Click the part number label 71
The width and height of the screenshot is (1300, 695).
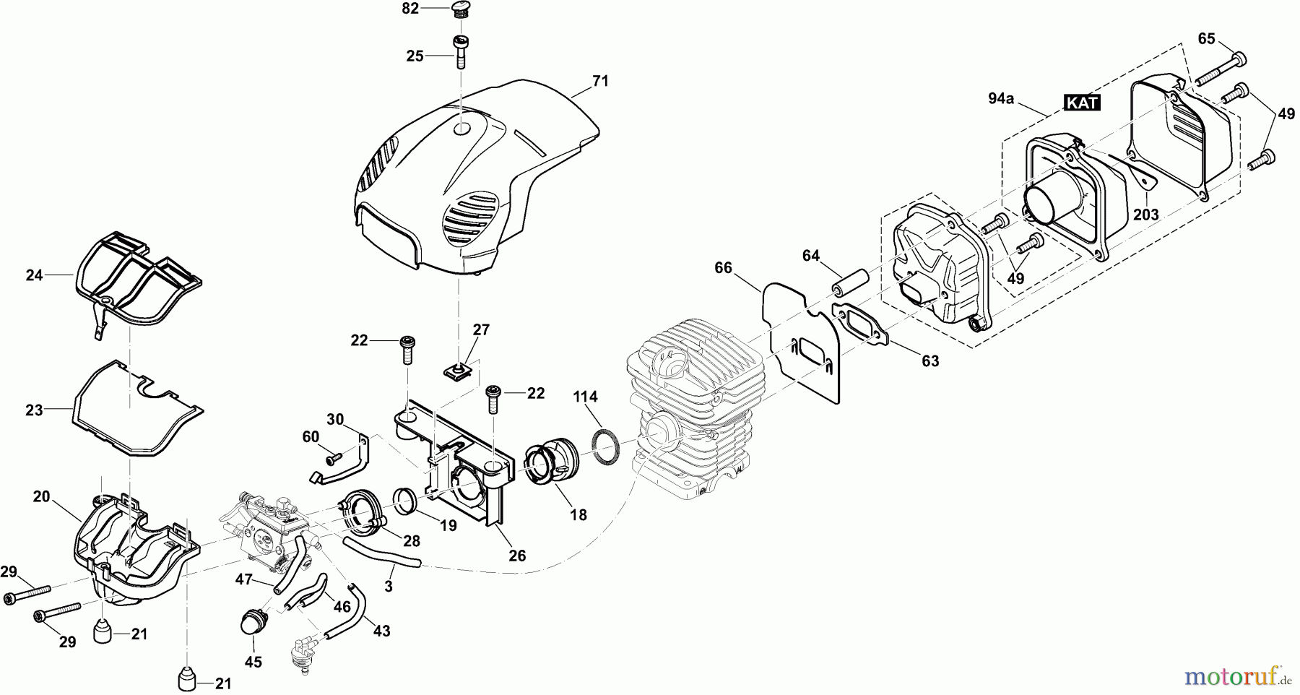[600, 82]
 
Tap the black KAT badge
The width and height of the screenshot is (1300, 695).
[1082, 103]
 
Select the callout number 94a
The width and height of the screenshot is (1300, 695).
[1000, 99]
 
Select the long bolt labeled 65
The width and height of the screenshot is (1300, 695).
[1219, 68]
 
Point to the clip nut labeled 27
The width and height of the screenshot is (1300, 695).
[457, 371]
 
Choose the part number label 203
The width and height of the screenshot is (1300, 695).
[1145, 214]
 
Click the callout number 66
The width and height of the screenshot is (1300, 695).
[723, 268]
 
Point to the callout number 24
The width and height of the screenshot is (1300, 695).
[35, 275]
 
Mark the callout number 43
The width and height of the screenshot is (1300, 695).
[381, 631]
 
